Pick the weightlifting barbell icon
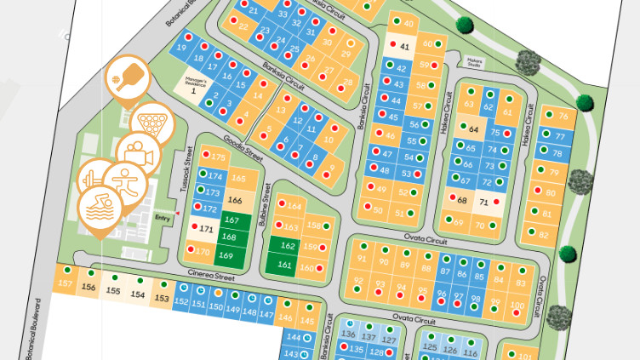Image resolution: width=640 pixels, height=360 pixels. [x=94, y=178]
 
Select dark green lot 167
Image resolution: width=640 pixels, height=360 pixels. [x=229, y=220]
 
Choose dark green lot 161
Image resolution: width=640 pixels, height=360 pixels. [x=286, y=265]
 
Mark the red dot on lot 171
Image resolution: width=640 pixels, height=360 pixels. [x=192, y=228]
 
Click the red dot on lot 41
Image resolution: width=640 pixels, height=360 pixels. [x=392, y=43]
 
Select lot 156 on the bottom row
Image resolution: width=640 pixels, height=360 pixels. [x=88, y=288]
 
